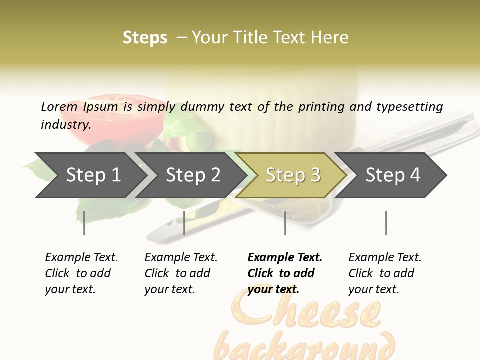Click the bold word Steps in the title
[145, 38]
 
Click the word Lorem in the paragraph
[59, 107]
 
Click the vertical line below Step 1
[84, 223]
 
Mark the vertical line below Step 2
[184, 223]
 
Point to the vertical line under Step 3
[285, 223]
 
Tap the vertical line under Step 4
[386, 223]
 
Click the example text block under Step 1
[81, 273]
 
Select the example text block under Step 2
[181, 273]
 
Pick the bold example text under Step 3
[285, 273]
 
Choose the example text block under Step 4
[385, 273]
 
